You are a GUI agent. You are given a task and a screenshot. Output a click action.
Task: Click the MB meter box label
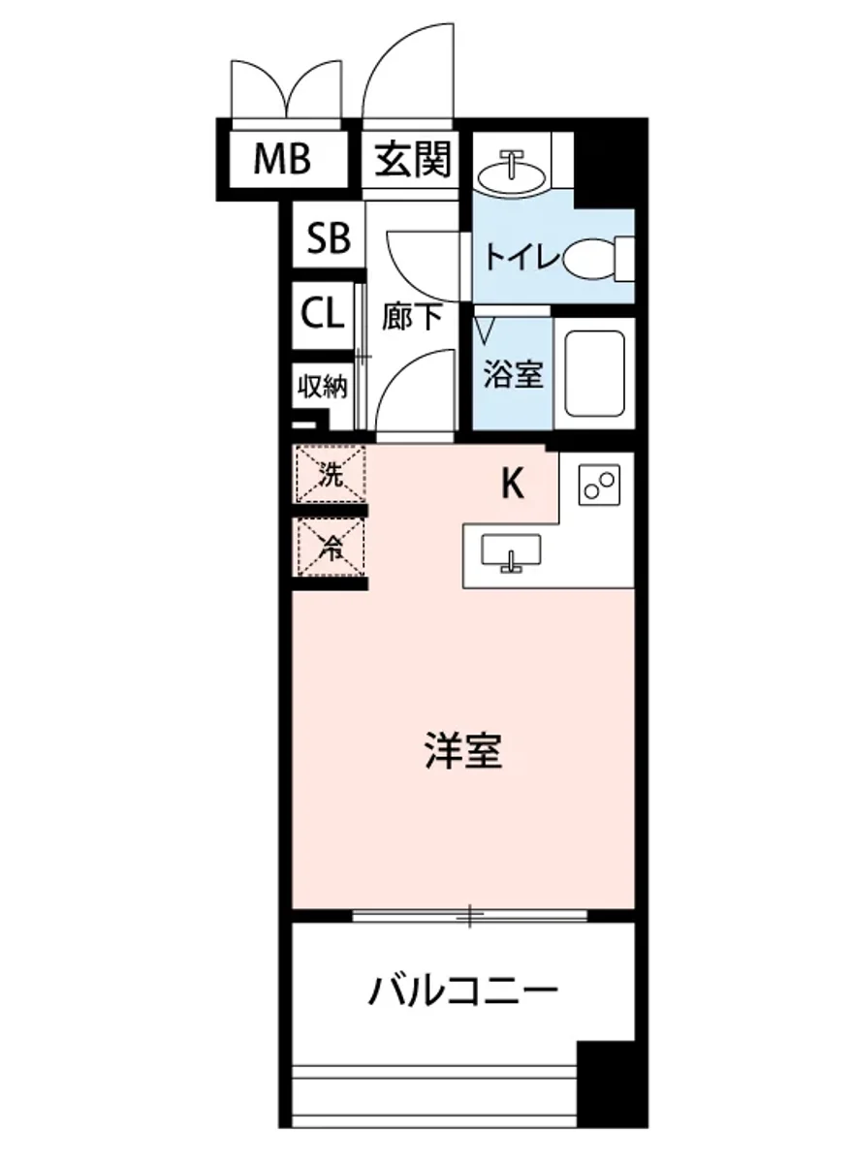click(x=282, y=159)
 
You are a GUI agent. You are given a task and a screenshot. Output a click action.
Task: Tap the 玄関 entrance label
click(x=415, y=159)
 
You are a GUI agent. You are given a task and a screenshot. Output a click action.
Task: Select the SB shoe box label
click(x=329, y=237)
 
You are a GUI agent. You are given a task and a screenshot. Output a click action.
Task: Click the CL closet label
click(x=323, y=314)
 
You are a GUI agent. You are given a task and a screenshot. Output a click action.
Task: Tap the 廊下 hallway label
click(x=412, y=318)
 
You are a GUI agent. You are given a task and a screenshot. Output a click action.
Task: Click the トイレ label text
click(x=521, y=259)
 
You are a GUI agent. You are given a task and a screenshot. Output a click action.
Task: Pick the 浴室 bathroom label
click(x=513, y=373)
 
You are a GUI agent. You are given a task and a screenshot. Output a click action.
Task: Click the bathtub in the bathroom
click(x=593, y=374)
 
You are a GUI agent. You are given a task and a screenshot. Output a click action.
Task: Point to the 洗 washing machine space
click(x=331, y=475)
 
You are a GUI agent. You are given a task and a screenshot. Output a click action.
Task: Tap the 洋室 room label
click(x=464, y=751)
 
